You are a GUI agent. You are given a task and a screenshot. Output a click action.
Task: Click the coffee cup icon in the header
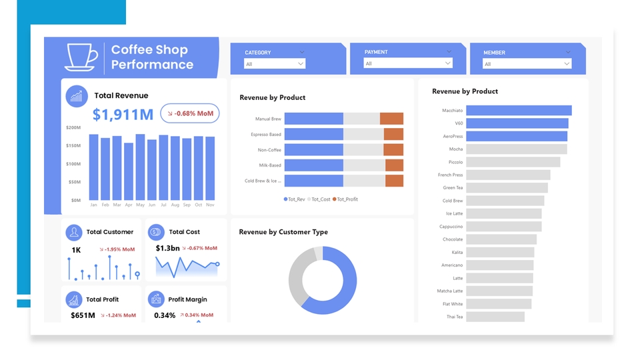click(x=81, y=57)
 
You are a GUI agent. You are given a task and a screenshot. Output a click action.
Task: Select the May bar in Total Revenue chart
click(x=140, y=167)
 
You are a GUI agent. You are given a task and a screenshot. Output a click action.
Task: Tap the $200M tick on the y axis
click(x=73, y=127)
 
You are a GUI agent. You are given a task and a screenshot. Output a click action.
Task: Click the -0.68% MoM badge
click(x=190, y=113)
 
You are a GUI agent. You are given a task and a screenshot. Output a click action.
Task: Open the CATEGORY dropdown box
click(x=275, y=64)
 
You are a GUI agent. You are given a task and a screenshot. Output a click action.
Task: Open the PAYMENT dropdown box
click(x=408, y=63)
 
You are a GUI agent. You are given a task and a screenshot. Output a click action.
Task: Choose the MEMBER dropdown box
click(x=527, y=64)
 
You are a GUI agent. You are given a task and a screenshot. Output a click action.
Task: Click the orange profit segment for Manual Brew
click(x=391, y=119)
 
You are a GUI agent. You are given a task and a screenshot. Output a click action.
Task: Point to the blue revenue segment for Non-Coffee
click(x=313, y=150)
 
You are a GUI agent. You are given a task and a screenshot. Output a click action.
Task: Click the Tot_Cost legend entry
click(x=321, y=199)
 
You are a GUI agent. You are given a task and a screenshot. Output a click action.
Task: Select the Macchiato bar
click(x=519, y=111)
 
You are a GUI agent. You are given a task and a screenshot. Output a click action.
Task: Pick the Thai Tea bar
click(x=495, y=317)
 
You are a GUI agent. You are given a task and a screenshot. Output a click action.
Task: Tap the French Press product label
click(x=450, y=175)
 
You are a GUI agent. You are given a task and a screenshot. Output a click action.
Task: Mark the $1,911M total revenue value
click(x=123, y=115)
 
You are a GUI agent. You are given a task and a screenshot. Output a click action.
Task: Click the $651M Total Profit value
click(x=83, y=315)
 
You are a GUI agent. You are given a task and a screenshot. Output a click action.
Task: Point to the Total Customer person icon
click(x=73, y=232)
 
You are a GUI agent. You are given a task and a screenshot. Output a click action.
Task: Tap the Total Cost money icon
click(x=155, y=232)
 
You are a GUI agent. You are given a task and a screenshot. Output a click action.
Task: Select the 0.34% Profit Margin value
click(x=165, y=315)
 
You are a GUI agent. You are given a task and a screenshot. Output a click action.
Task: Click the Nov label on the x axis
click(x=210, y=205)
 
